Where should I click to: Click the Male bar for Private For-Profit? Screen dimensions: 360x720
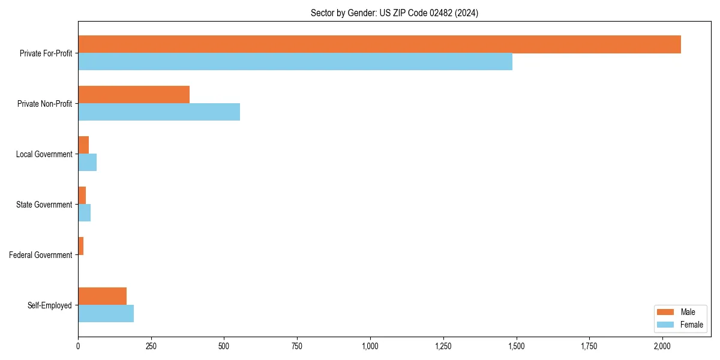(379, 44)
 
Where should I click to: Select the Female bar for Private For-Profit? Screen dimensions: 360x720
(295, 62)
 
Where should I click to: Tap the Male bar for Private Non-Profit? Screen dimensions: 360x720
(134, 95)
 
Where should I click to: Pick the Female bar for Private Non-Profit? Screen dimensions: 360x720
(159, 112)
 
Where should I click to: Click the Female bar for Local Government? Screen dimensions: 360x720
(88, 163)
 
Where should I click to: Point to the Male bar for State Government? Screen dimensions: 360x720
(82, 196)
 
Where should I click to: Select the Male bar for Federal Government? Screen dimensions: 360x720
(81, 246)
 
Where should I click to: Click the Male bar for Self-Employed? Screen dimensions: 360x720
(103, 296)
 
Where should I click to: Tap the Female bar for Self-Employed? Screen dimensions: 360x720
(106, 314)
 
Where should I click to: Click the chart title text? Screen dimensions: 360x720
(394, 13)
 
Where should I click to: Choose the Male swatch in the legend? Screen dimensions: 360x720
(665, 312)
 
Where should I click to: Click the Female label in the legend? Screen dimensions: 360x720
(691, 325)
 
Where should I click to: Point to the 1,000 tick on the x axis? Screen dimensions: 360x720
(370, 346)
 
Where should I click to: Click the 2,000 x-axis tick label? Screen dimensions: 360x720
(662, 346)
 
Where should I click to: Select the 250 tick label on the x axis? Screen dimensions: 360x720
(151, 346)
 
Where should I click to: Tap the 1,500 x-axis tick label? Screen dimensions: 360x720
(516, 346)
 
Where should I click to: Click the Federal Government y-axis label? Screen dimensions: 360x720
(41, 255)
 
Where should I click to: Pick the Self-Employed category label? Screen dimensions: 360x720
(50, 305)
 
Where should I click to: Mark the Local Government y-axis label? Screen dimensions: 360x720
(44, 154)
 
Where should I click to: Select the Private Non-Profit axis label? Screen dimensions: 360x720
(45, 104)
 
